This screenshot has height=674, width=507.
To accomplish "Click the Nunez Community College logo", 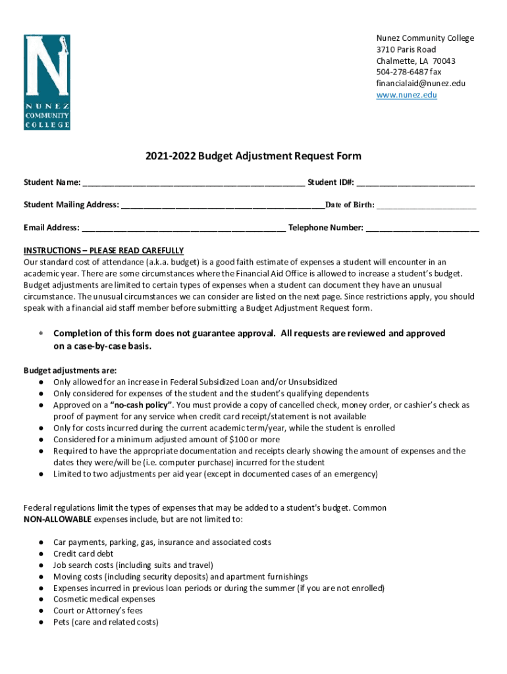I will (x=47, y=82).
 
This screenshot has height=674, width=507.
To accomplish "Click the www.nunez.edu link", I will (x=406, y=95).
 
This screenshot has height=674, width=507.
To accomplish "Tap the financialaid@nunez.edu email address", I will (x=420, y=84).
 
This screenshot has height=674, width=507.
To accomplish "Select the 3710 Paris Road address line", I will (x=406, y=49).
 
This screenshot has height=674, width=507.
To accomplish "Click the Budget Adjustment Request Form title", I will (x=254, y=156).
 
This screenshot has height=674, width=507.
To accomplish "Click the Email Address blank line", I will (x=184, y=228).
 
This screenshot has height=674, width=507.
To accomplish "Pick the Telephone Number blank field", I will (x=422, y=228).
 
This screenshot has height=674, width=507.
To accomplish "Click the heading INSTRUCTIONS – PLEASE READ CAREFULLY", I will (x=103, y=251).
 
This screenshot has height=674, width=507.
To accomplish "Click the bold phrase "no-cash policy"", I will (x=141, y=405).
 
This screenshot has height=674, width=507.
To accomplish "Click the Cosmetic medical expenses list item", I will (x=104, y=599).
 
